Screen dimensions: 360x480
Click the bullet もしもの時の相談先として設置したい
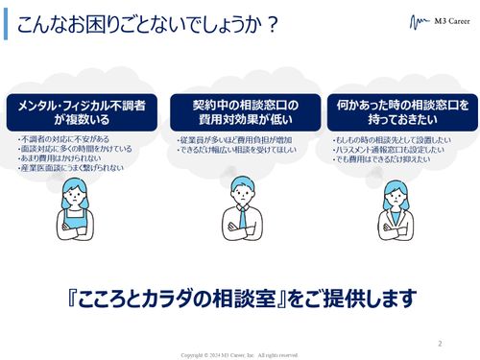pyautogui.click(x=397, y=140)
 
